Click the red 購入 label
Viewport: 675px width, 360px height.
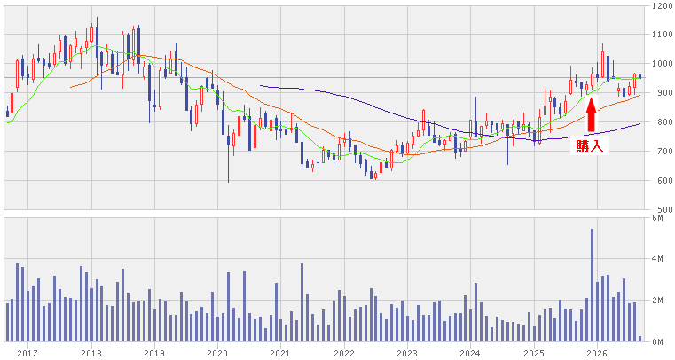pyautogui.click(x=590, y=146)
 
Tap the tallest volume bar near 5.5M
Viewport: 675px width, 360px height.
pyautogui.click(x=592, y=286)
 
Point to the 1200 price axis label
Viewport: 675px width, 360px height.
pyautogui.click(x=662, y=5)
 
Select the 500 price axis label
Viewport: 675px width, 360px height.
pyautogui.click(x=660, y=210)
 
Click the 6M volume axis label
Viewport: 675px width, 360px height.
pyautogui.click(x=657, y=218)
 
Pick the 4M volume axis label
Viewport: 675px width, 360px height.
pyautogui.click(x=657, y=259)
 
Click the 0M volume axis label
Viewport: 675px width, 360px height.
pyautogui.click(x=657, y=342)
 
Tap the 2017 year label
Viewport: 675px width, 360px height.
pyautogui.click(x=28, y=354)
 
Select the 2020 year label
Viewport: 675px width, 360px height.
pyautogui.click(x=218, y=354)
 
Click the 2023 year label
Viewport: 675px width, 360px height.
pyautogui.click(x=407, y=354)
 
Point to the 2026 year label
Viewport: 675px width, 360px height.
pyautogui.click(x=598, y=354)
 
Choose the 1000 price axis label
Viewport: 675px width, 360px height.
pyautogui.click(x=662, y=64)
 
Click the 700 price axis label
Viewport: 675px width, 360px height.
pyautogui.click(x=660, y=152)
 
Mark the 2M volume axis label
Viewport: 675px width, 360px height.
pyautogui.click(x=657, y=301)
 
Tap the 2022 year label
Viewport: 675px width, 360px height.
pyautogui.click(x=344, y=354)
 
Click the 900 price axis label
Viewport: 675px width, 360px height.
pyautogui.click(x=660, y=93)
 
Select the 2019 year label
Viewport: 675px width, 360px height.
pyautogui.click(x=154, y=354)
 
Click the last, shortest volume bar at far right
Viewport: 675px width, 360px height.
pyautogui.click(x=640, y=339)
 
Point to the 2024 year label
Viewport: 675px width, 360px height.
pyautogui.click(x=470, y=354)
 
